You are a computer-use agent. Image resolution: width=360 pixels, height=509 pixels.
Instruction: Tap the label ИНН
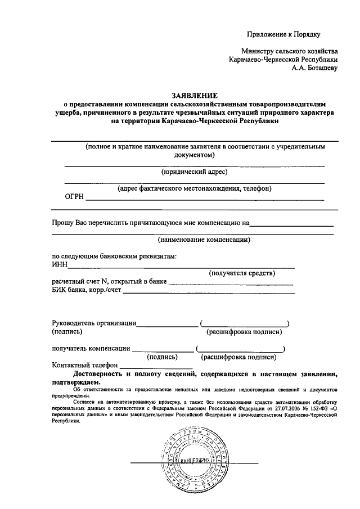point(60,265)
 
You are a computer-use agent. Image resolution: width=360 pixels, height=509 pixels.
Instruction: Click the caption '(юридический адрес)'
point(194,171)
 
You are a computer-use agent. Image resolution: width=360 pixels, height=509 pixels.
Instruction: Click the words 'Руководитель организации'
point(93,323)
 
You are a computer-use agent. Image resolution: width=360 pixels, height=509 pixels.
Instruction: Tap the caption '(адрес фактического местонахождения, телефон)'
point(194,188)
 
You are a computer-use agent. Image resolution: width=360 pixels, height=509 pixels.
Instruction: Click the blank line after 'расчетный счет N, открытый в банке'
point(231,283)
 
